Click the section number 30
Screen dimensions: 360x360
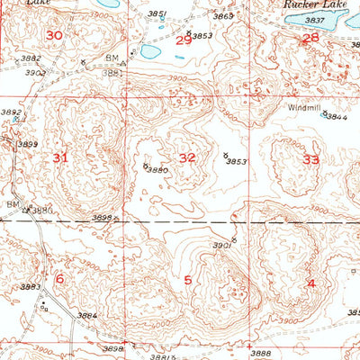55,35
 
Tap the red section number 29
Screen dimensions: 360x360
183,40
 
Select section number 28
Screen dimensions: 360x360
310,38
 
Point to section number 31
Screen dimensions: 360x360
60,158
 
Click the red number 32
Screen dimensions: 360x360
187,157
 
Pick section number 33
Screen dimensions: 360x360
310,159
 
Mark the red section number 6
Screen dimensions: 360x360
59,279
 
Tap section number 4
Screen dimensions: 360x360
311,283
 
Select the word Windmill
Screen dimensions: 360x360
303,107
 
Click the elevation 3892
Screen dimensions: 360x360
10,112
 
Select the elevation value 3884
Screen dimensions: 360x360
86,316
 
